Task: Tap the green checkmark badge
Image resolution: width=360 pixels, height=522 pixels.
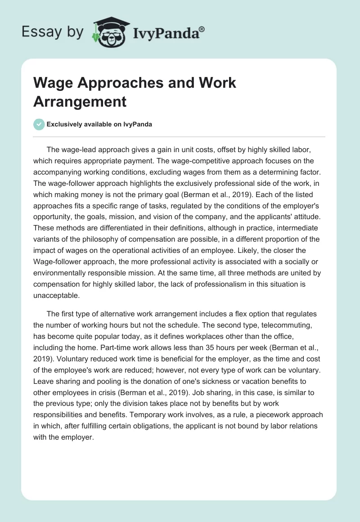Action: point(39,124)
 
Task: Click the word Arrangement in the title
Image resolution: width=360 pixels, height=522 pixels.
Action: point(80,101)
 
